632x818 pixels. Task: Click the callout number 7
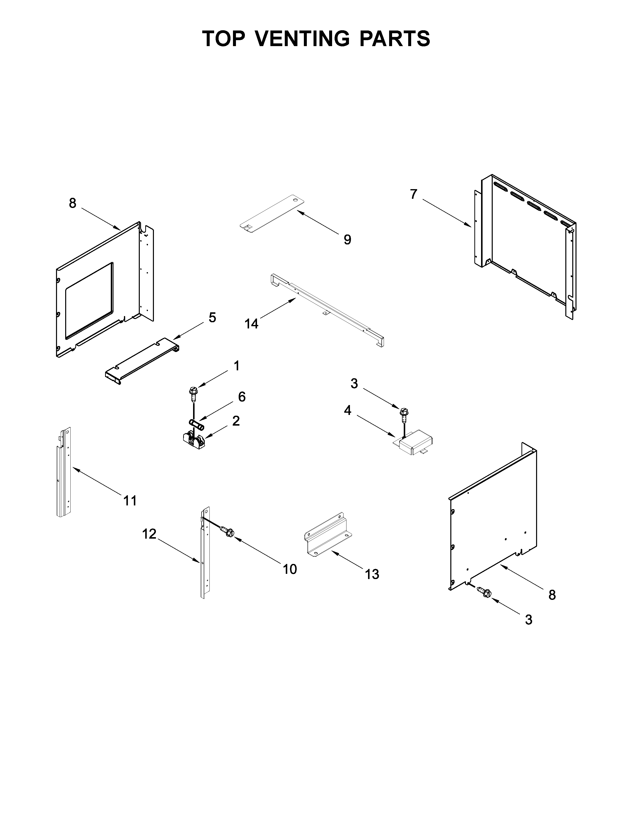pos(413,194)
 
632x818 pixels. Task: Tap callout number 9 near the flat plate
pos(347,240)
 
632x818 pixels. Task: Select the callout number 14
pos(252,323)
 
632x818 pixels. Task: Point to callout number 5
pos(212,318)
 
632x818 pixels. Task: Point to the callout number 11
pos(130,500)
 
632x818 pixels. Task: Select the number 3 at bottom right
pos(528,620)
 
